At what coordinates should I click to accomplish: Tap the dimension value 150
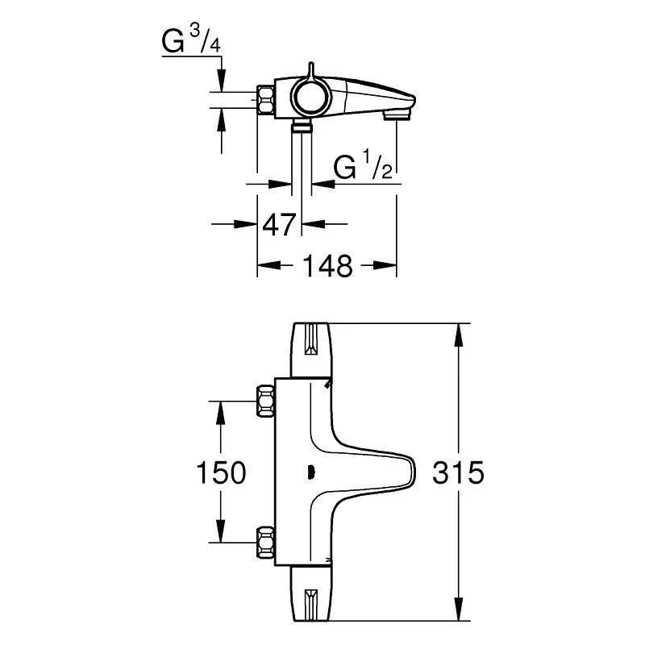coord(222,472)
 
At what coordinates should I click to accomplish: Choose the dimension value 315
coord(457,472)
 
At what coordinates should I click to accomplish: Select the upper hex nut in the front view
coord(265,400)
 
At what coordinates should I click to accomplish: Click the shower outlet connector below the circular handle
coord(302,126)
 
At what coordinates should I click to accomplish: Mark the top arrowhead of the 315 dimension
coord(459,331)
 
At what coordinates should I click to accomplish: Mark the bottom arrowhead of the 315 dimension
coord(459,614)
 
